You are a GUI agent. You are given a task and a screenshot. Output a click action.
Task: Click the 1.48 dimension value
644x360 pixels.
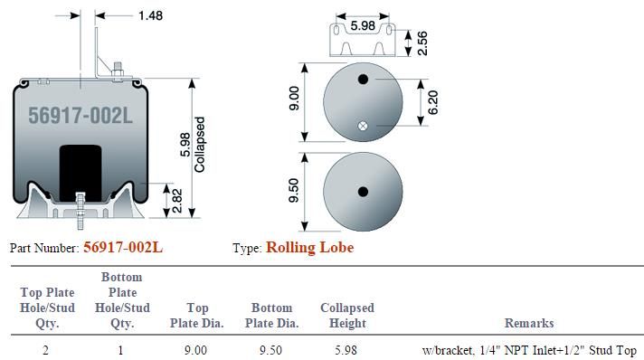pos(150,15)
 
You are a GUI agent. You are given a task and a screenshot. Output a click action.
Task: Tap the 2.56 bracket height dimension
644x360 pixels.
pos(421,43)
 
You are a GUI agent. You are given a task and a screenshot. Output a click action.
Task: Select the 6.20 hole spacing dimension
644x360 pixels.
pos(433,102)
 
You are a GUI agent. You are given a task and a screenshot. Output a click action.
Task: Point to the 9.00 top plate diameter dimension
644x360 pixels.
pos(294,99)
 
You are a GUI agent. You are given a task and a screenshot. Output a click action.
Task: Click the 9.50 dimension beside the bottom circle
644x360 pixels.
pos(294,190)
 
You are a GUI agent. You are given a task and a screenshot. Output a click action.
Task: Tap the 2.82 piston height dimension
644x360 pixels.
pos(177,201)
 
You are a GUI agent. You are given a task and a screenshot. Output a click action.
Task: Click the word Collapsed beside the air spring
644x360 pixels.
pos(199,145)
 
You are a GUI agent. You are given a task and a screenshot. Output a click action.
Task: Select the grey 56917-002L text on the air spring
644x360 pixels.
pos(80,115)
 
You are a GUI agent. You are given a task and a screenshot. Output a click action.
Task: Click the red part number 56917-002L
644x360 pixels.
pos(123,248)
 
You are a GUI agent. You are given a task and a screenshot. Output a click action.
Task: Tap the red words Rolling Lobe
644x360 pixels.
pos(309,248)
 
